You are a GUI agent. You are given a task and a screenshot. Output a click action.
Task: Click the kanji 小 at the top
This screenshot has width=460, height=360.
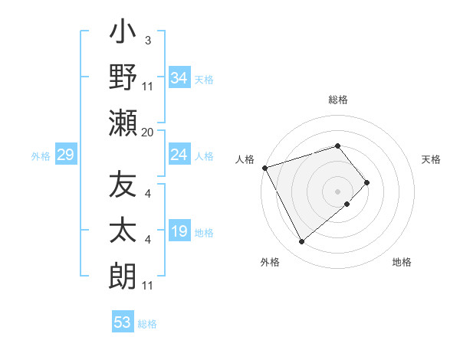coord(123,34)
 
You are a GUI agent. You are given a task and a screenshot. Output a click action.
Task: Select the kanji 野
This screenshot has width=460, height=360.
coord(123,79)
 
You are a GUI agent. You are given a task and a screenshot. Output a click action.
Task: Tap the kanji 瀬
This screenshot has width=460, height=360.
coord(123,123)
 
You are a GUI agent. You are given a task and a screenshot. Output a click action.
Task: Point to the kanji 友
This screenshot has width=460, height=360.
coord(123,186)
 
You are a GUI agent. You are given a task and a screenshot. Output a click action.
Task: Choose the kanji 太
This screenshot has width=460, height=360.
coord(123,231)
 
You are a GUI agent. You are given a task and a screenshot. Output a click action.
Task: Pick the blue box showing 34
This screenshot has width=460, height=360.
coord(179,78)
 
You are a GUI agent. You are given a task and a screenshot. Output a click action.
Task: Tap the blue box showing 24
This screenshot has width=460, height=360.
coord(179,155)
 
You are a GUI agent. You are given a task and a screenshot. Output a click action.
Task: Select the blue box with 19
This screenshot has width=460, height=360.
coord(179,231)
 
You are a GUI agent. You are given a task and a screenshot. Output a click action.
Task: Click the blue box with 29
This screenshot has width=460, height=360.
coord(65,155)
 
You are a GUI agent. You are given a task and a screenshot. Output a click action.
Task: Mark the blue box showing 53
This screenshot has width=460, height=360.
coord(123,322)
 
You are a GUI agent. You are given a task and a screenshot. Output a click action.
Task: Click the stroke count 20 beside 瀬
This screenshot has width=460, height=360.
coord(148,133)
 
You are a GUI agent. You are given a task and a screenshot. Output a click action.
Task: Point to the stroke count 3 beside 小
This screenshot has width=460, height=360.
coord(148,40)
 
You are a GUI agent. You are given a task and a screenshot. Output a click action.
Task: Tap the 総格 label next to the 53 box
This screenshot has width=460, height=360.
coord(148,324)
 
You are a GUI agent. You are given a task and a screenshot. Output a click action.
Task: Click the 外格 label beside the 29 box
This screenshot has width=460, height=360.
coord(40,156)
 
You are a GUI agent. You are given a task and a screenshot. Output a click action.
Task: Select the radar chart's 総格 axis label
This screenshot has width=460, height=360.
coord(338,100)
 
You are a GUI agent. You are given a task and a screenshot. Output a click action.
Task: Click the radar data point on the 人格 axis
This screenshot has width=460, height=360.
coord(264,168)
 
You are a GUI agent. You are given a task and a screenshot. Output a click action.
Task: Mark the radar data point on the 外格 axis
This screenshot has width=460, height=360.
coord(302,242)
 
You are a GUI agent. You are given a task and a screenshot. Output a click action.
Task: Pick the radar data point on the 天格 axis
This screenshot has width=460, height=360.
coord(367,182)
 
